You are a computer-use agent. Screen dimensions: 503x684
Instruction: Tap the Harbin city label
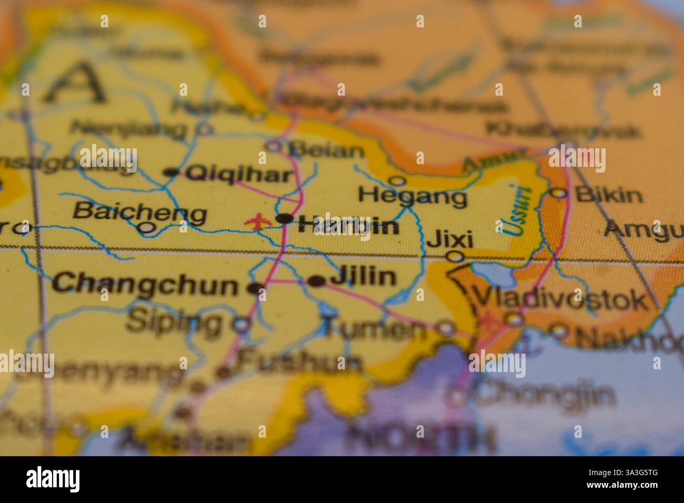pos(348,226)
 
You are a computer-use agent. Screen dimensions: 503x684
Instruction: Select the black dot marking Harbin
pos(285,218)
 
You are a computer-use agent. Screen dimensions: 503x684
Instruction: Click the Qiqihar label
pos(239,174)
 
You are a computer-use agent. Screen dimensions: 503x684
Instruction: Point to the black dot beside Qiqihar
pos(171,172)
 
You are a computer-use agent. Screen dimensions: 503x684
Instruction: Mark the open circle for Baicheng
pos(146,228)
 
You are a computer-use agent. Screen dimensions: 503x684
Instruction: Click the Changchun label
pos(145,285)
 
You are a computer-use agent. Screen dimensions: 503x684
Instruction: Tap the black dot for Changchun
pos(256,288)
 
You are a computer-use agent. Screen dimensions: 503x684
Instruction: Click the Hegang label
pos(412,197)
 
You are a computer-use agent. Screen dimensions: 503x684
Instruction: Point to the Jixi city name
pos(450,239)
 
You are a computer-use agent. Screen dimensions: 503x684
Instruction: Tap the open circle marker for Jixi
pos(455,257)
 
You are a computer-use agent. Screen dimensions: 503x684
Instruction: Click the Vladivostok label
pos(560,299)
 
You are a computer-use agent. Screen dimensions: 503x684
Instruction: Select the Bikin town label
pos(608,195)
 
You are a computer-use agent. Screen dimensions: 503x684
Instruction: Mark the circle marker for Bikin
pos(559,194)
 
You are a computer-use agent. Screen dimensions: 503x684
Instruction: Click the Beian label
pos(327,150)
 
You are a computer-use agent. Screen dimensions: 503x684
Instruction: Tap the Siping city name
pos(174,321)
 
